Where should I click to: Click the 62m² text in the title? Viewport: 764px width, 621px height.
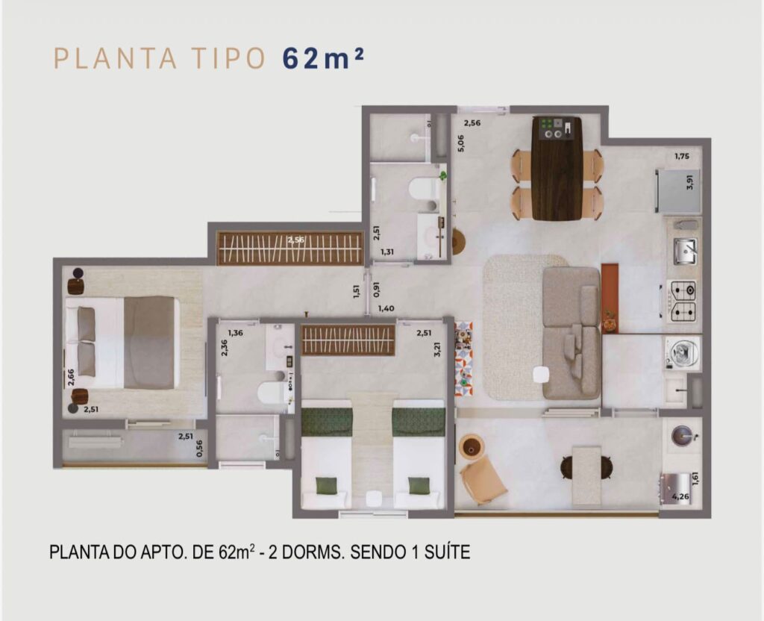[322, 58]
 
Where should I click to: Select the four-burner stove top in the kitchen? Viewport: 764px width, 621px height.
[683, 302]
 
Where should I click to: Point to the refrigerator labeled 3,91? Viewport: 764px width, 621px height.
[679, 190]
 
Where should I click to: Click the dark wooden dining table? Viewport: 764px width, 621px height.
[557, 168]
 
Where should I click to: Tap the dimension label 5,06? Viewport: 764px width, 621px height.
[460, 143]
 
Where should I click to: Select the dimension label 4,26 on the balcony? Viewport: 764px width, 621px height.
[680, 497]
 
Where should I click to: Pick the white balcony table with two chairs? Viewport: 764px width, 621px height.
[586, 475]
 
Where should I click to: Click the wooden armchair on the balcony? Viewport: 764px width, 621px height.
[483, 481]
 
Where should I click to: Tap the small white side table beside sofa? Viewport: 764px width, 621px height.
[542, 375]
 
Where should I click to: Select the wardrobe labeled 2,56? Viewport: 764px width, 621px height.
[290, 248]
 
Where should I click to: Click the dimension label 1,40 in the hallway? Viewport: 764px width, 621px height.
[386, 308]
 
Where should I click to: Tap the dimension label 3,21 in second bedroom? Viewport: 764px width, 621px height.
[437, 349]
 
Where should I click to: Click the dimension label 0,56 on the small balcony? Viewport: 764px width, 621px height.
[199, 449]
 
